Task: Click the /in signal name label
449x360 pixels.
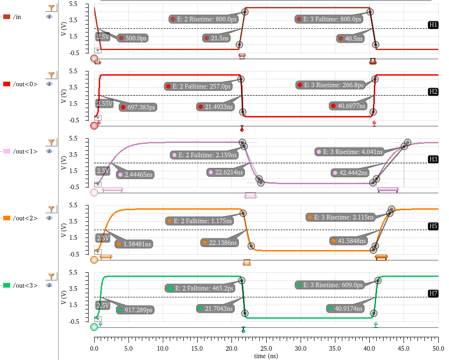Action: (x=17, y=17)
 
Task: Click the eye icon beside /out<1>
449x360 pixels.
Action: (x=49, y=151)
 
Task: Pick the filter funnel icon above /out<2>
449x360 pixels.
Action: (x=52, y=209)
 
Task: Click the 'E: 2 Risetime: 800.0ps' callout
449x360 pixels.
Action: (x=204, y=19)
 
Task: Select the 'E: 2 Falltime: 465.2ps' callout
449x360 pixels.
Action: (x=200, y=288)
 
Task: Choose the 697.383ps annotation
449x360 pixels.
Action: (x=139, y=107)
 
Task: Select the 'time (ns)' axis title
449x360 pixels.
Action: (x=266, y=355)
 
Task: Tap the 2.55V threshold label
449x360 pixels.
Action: (x=104, y=103)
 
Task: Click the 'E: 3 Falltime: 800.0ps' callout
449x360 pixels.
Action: (x=330, y=19)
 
